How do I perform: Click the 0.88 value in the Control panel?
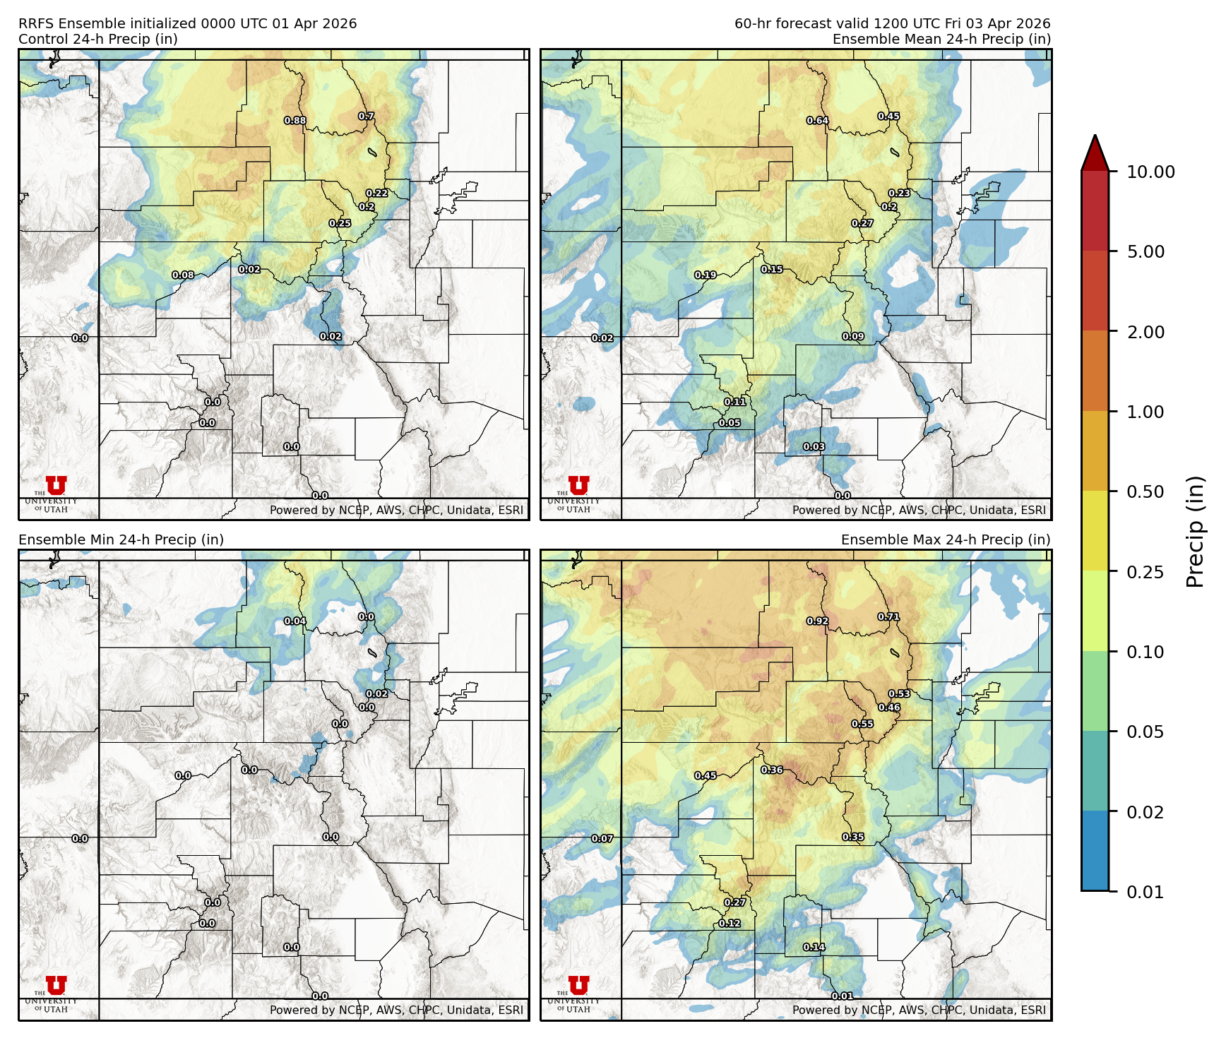pos(295,121)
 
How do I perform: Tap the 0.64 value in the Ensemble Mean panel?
pos(818,121)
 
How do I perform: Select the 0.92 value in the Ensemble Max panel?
pos(818,621)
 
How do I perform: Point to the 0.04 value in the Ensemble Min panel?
pos(295,621)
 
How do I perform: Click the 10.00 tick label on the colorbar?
pos(1150,172)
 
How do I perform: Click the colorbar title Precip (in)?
pos(1195,532)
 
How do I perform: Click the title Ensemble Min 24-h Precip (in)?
pos(121,539)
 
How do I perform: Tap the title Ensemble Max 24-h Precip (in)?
pos(946,539)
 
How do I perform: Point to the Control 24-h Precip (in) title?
pos(98,39)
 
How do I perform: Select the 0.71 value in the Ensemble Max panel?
pos(888,617)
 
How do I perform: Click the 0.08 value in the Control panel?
pos(183,275)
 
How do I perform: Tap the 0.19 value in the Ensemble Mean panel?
pos(706,275)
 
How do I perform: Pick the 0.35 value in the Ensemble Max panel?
pos(853,837)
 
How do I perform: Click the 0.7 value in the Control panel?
pos(366,117)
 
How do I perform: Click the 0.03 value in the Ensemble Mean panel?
pos(814,447)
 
